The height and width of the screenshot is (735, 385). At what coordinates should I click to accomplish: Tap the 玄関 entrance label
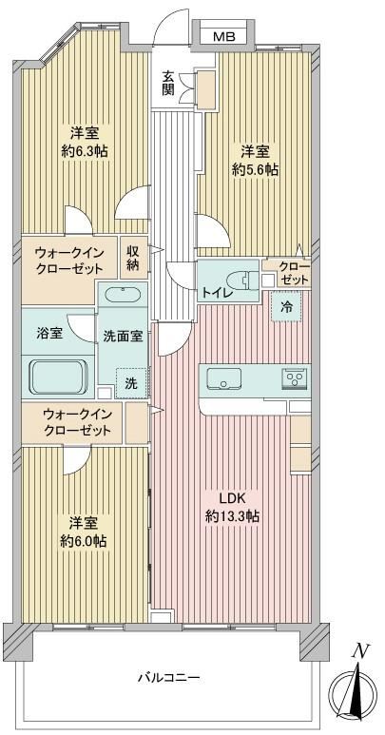click(x=168, y=84)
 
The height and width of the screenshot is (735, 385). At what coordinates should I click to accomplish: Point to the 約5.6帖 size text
click(x=256, y=169)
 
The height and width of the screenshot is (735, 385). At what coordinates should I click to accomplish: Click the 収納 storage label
click(x=132, y=257)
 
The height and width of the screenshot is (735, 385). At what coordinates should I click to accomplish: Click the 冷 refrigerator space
click(x=285, y=306)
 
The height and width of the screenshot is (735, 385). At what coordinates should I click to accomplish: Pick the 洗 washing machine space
click(x=130, y=383)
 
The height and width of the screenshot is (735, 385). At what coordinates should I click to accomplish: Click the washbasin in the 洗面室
click(x=123, y=296)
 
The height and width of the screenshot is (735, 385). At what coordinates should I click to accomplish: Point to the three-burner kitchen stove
click(x=295, y=377)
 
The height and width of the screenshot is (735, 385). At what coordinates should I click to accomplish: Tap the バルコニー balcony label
click(x=169, y=677)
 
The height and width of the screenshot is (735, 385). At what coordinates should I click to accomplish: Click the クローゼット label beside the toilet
click(x=294, y=274)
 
